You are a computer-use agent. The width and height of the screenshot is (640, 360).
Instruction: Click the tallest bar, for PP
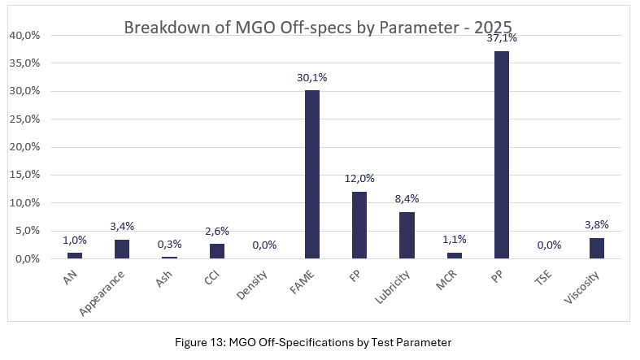pyautogui.click(x=502, y=155)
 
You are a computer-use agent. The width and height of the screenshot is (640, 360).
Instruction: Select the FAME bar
pyautogui.click(x=311, y=175)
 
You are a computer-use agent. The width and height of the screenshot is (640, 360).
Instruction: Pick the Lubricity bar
pyautogui.click(x=407, y=235)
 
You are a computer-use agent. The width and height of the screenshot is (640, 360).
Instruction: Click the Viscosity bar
pyautogui.click(x=597, y=248)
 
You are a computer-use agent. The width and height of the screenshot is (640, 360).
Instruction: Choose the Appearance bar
pyautogui.click(x=121, y=249)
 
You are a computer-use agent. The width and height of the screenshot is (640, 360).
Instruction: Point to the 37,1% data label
pyautogui.click(x=502, y=38)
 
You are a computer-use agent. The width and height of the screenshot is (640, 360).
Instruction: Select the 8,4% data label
pyautogui.click(x=407, y=199)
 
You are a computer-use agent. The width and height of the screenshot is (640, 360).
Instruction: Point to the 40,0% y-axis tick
pyautogui.click(x=24, y=36)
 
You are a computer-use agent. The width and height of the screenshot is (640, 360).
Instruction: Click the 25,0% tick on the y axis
pyautogui.click(x=24, y=119)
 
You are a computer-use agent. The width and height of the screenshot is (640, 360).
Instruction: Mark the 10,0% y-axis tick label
pyautogui.click(x=24, y=203)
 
